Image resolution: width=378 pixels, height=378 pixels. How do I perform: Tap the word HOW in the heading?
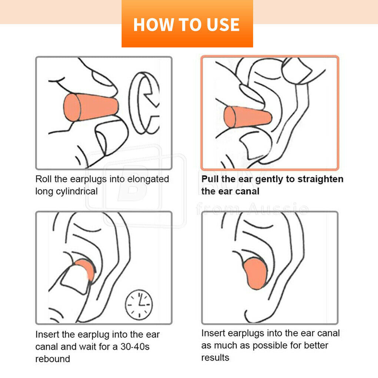154,25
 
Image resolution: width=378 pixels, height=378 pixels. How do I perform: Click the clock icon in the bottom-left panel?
139,305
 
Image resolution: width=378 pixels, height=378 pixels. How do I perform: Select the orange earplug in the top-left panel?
91,107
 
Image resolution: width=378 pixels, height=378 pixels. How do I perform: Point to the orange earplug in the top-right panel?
248,117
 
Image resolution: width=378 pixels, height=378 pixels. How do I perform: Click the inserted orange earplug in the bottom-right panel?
255,273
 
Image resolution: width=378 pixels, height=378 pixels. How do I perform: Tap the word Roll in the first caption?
44,179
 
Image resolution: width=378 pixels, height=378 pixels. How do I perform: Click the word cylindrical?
77,192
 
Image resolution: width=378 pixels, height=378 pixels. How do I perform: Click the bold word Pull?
210,179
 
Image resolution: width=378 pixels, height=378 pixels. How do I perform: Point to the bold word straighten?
321,179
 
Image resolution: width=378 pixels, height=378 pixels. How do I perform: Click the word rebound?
53,359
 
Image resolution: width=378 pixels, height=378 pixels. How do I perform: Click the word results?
215,358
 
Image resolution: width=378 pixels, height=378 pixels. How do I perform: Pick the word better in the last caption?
316,345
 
